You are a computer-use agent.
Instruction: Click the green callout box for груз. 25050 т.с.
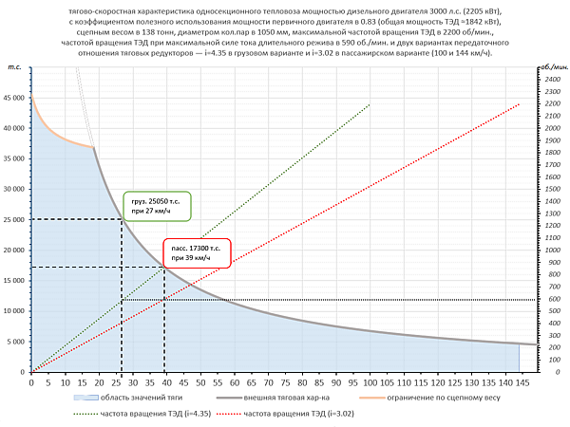click(x=157, y=206)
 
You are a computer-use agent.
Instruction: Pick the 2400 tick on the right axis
click(x=552, y=80)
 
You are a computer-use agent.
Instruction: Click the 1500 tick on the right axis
click(x=552, y=189)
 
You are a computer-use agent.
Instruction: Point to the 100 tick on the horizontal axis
click(x=369, y=381)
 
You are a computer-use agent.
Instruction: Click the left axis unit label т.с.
click(x=14, y=67)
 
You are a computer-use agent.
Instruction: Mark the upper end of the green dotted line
click(x=369, y=103)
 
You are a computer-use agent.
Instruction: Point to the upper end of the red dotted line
click(x=520, y=103)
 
